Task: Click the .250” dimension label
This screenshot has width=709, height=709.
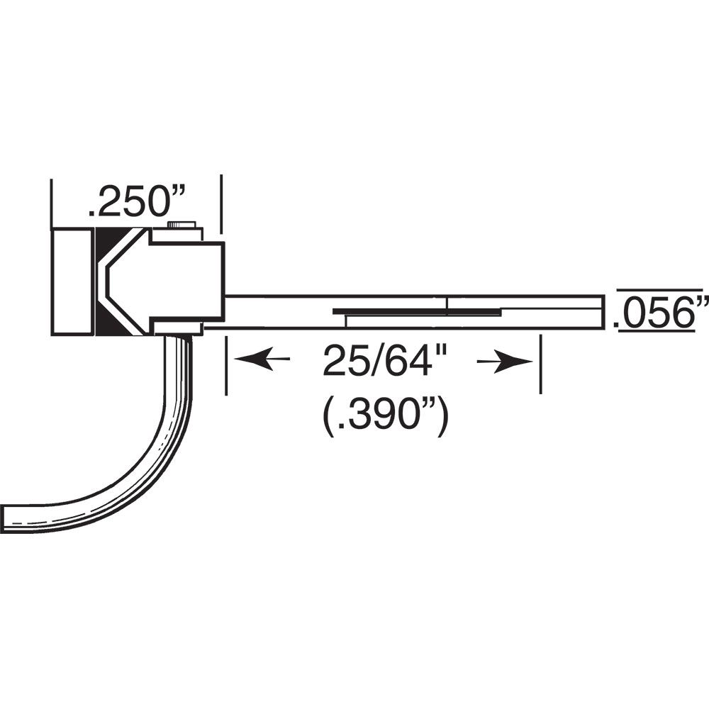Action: click(x=135, y=203)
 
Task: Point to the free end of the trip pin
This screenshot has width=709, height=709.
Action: click(x=9, y=517)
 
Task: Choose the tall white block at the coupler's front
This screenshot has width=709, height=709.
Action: click(x=72, y=281)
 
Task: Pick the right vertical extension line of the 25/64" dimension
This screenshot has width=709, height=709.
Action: click(x=540, y=365)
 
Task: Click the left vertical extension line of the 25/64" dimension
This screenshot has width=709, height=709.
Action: click(x=226, y=365)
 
